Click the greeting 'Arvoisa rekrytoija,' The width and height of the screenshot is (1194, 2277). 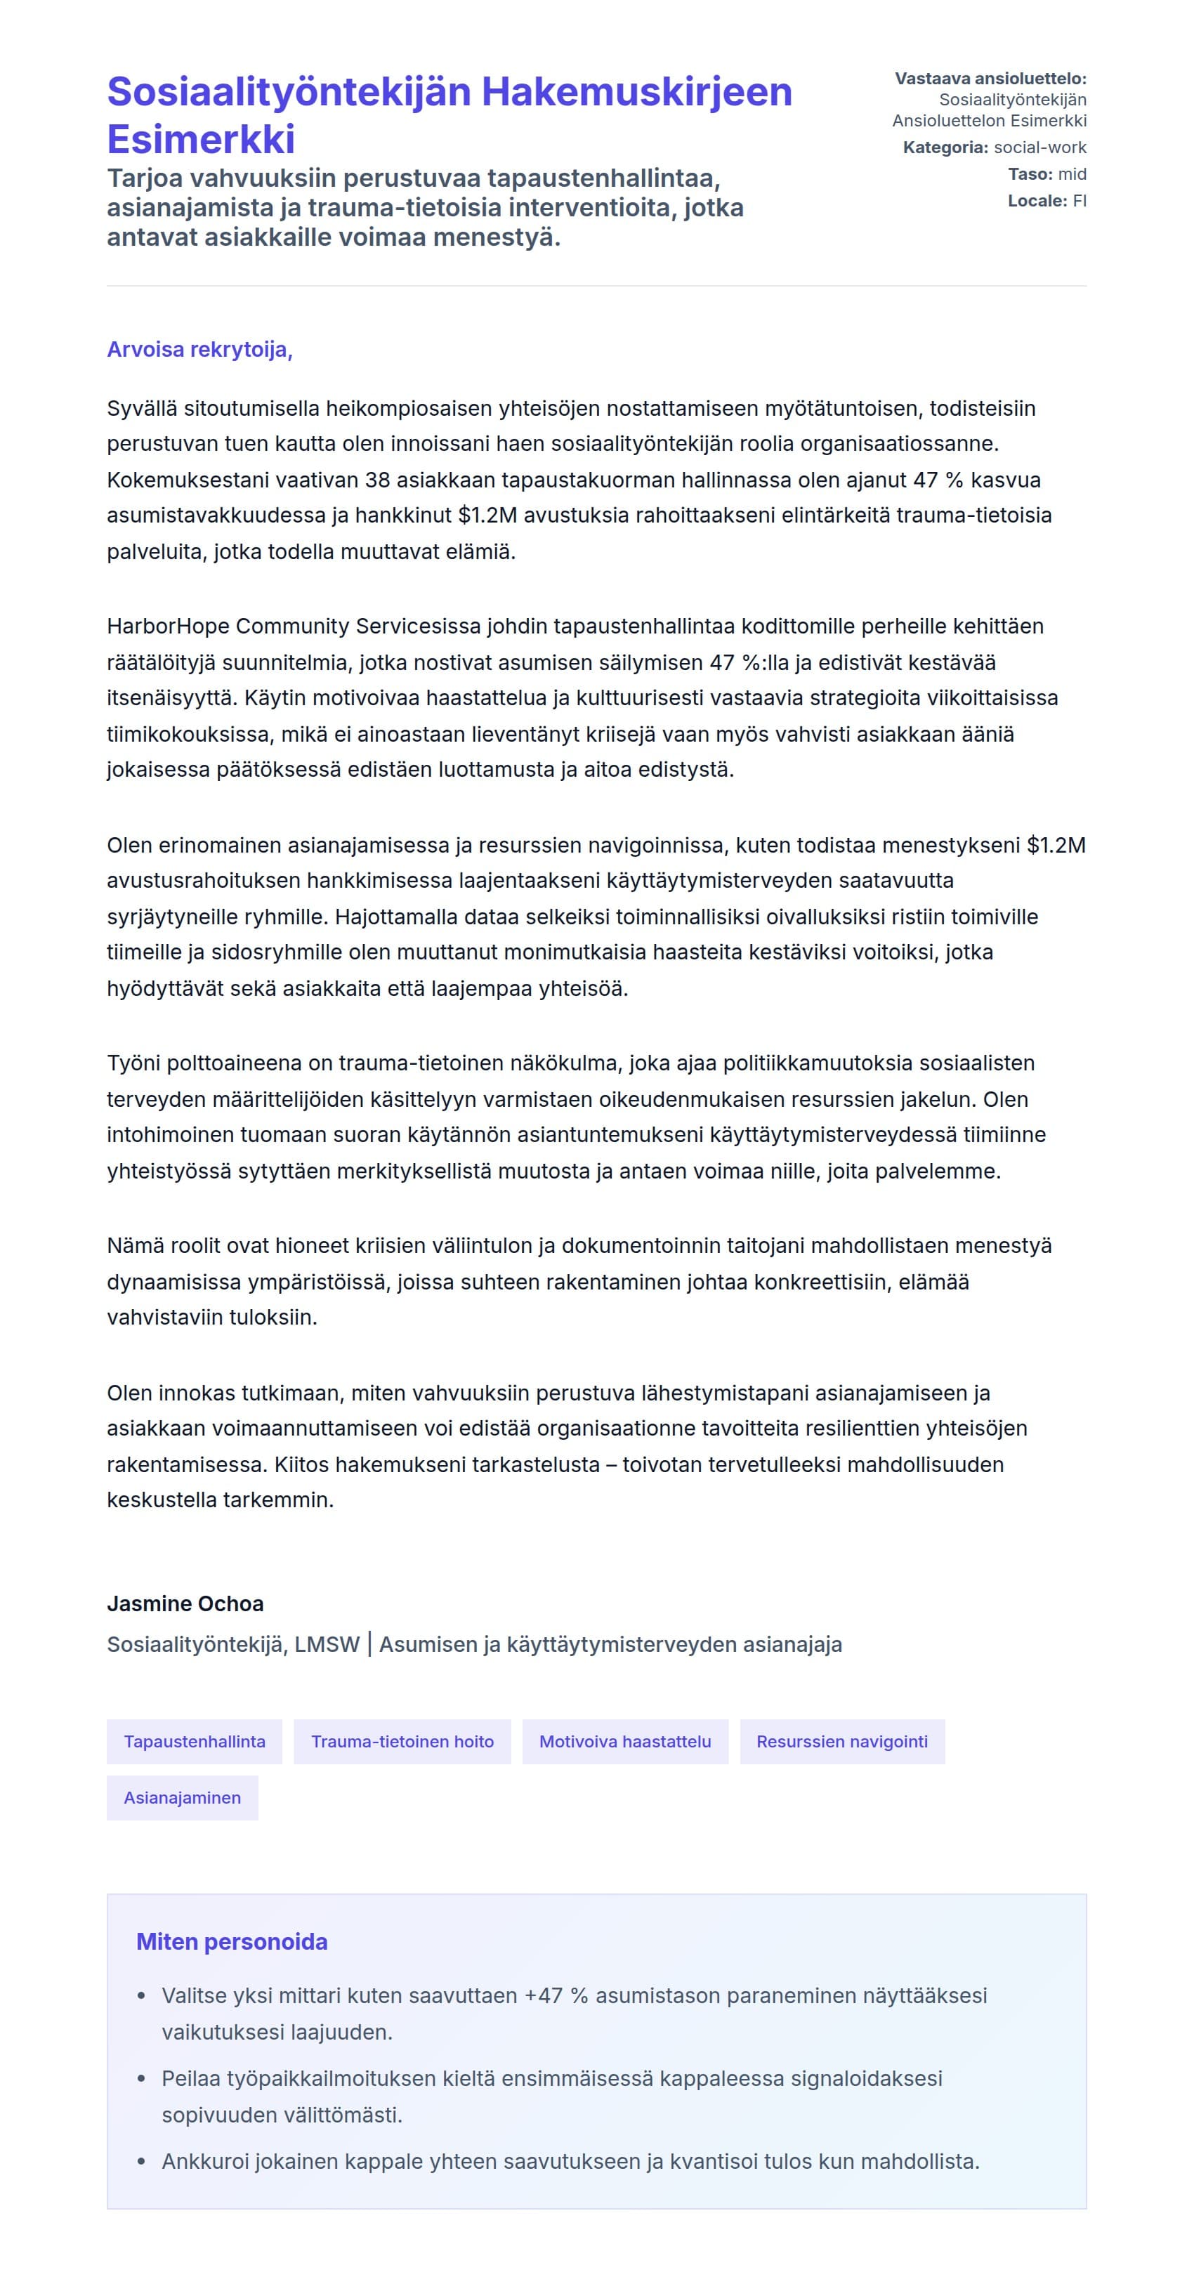[x=199, y=350]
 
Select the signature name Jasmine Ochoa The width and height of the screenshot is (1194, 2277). [x=185, y=1603]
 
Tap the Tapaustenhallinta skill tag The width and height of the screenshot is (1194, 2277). [x=195, y=1741]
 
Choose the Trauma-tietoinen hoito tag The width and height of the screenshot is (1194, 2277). [x=402, y=1741]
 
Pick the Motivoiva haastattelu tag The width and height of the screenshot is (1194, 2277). [x=625, y=1741]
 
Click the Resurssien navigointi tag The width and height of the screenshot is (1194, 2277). [x=841, y=1741]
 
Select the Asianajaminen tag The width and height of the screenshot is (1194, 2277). [x=182, y=1798]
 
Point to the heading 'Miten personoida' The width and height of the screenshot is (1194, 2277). [x=232, y=1942]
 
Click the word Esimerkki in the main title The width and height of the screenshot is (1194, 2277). [x=202, y=140]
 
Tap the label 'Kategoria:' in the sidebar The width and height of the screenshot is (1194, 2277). [x=945, y=147]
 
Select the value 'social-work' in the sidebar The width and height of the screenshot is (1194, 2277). [x=1040, y=147]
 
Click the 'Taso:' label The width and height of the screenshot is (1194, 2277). [x=1030, y=174]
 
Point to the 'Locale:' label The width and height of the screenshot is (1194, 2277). [x=1037, y=201]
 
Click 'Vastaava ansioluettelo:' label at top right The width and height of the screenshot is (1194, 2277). [x=990, y=79]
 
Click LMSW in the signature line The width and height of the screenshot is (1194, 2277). [x=327, y=1645]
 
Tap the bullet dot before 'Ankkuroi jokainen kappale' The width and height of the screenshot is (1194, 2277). [x=141, y=2162]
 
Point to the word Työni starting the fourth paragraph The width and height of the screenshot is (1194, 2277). [x=133, y=1063]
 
